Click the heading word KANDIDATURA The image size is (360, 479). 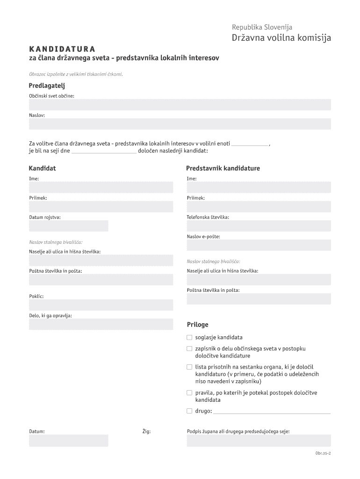[62, 49]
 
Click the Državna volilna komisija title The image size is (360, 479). [281, 38]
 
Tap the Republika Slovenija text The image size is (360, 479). [262, 27]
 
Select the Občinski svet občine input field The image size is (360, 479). [180, 105]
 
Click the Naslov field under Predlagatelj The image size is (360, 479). [180, 124]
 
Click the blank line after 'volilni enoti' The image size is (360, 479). [250, 144]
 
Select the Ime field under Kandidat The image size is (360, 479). [101, 188]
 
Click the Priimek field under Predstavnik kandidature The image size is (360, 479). [259, 207]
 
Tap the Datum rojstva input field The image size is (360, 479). [69, 226]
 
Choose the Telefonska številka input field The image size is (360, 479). [259, 226]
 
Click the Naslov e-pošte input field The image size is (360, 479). [259, 245]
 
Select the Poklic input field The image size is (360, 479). [101, 305]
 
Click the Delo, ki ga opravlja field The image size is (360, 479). [101, 324]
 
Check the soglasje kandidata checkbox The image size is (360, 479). [189, 337]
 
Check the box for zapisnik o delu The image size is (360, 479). [189, 348]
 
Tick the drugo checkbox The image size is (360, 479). [189, 411]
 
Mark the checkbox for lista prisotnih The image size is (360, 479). [189, 367]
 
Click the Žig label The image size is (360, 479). [146, 431]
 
